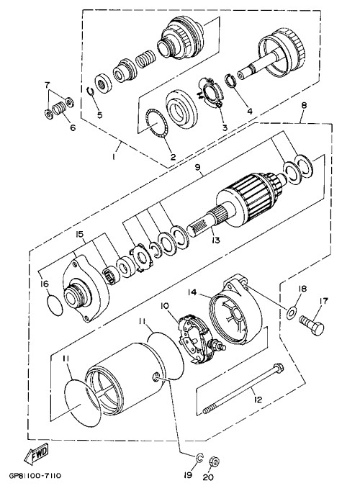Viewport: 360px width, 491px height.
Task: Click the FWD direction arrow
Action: tap(37, 453)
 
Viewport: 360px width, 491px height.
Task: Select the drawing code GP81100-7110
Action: tap(35, 476)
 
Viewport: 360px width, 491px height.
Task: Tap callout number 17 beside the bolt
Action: tap(323, 301)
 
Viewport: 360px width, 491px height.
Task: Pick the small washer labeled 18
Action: tap(292, 312)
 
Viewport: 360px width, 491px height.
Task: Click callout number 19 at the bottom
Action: tap(187, 475)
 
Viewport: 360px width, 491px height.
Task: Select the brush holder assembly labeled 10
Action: tap(197, 340)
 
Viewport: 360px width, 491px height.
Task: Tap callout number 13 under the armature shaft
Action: tap(215, 240)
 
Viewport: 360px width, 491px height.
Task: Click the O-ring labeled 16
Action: tap(55, 305)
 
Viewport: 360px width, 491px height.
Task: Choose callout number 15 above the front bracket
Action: tap(79, 234)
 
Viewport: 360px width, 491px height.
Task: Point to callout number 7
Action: tap(47, 84)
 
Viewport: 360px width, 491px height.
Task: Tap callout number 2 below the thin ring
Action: tap(173, 157)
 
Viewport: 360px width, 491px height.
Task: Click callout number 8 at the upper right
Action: tap(303, 105)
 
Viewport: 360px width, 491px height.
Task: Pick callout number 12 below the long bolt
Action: tap(258, 400)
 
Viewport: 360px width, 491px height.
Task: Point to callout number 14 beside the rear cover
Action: tap(192, 292)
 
